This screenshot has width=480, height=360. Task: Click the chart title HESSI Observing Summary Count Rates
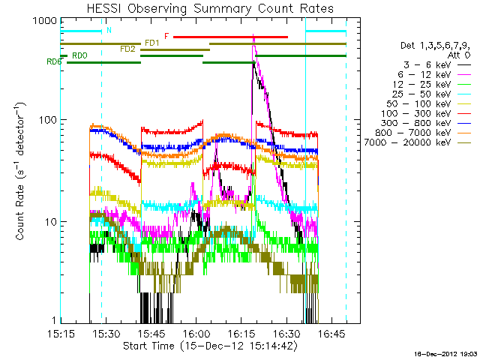click(210, 8)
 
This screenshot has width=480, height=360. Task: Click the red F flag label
click(166, 36)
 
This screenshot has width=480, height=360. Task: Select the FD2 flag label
click(127, 49)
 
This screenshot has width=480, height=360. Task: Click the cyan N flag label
click(109, 31)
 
